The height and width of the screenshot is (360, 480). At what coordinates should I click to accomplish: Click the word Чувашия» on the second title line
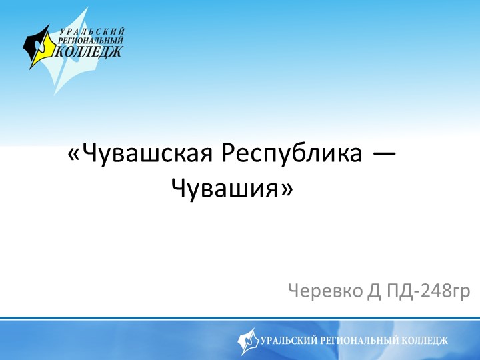click(232, 189)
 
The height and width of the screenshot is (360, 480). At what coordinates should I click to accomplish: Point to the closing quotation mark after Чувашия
click(287, 190)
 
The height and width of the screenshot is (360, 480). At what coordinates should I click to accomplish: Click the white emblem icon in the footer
click(248, 341)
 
